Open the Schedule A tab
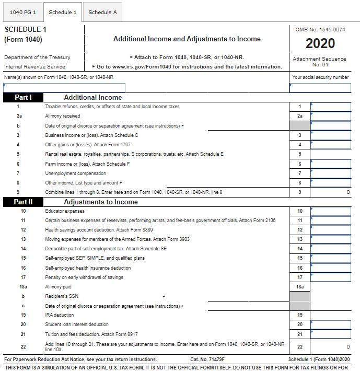tap(102, 12)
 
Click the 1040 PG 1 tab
tap(22, 12)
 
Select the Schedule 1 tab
tap(63, 12)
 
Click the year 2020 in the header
tap(320, 43)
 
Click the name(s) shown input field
tap(64, 88)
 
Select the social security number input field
tap(320, 88)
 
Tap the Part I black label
tap(23, 97)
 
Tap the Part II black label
tap(23, 202)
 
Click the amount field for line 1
tap(331, 107)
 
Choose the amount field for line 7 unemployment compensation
tap(331, 173)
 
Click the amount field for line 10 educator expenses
tap(331, 211)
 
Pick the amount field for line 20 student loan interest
tap(331, 324)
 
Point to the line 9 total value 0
tap(348, 192)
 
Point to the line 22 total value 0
tap(348, 346)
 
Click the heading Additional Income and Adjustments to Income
tap(187, 39)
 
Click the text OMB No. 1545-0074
tap(320, 29)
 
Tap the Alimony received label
tap(63, 116)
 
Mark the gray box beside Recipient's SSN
tap(299, 296)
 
